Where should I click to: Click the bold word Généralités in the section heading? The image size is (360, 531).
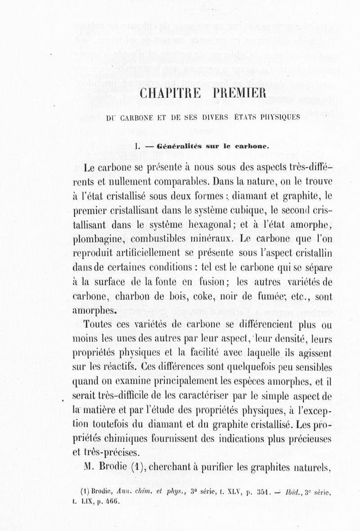pyautogui.click(x=176, y=146)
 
